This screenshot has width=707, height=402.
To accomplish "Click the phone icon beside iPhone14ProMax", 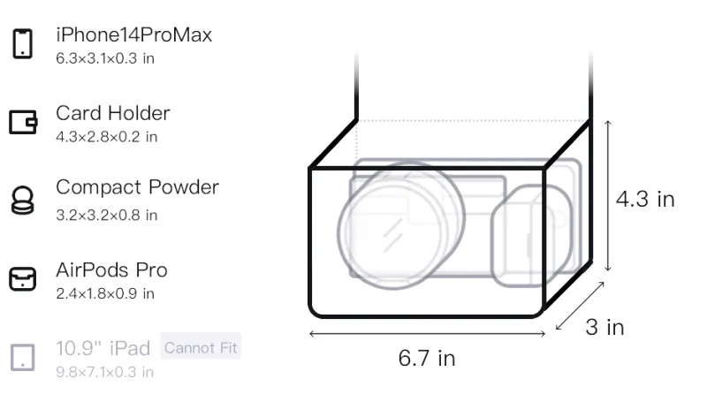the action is coord(23,43).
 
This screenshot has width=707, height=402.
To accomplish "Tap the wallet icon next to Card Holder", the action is coord(23,122).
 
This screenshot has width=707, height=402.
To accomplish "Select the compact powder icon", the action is coord(22,200).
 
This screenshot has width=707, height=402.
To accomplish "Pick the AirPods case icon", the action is coord(23,279).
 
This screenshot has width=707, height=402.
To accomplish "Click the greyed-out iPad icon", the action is coord(23,358).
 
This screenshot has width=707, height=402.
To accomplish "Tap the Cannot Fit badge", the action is coord(201,347).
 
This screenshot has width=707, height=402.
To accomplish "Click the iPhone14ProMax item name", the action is coord(134,34).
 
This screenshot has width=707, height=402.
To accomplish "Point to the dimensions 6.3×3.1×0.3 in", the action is coord(105,58).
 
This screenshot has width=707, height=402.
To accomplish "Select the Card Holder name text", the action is coord(113,113).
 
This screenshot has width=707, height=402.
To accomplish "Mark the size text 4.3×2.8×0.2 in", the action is coord(106,137).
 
